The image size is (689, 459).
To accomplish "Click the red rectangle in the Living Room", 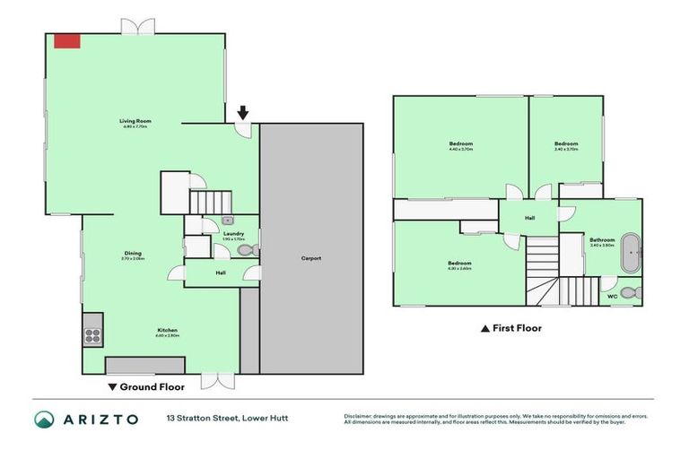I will [66, 41].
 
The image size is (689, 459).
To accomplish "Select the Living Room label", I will [135, 120].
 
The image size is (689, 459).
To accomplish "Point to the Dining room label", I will [133, 254].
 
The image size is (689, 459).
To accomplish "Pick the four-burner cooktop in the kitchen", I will [93, 336].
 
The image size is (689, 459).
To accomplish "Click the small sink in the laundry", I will [228, 219].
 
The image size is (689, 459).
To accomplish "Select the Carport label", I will [311, 258].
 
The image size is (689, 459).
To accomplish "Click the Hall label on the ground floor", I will [220, 273].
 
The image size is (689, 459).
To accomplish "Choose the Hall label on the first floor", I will [529, 216].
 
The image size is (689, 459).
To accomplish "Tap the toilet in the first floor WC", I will [628, 292].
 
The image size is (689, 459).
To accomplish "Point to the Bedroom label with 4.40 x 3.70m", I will [460, 143].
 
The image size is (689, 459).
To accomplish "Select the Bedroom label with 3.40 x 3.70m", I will [566, 143].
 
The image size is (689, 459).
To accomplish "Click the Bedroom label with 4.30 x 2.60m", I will [459, 264].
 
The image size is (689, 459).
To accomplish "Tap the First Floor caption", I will [511, 328].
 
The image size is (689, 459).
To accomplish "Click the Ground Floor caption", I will [146, 387].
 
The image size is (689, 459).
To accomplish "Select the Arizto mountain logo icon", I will [44, 419].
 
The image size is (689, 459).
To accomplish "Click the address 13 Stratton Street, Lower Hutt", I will [226, 419].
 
